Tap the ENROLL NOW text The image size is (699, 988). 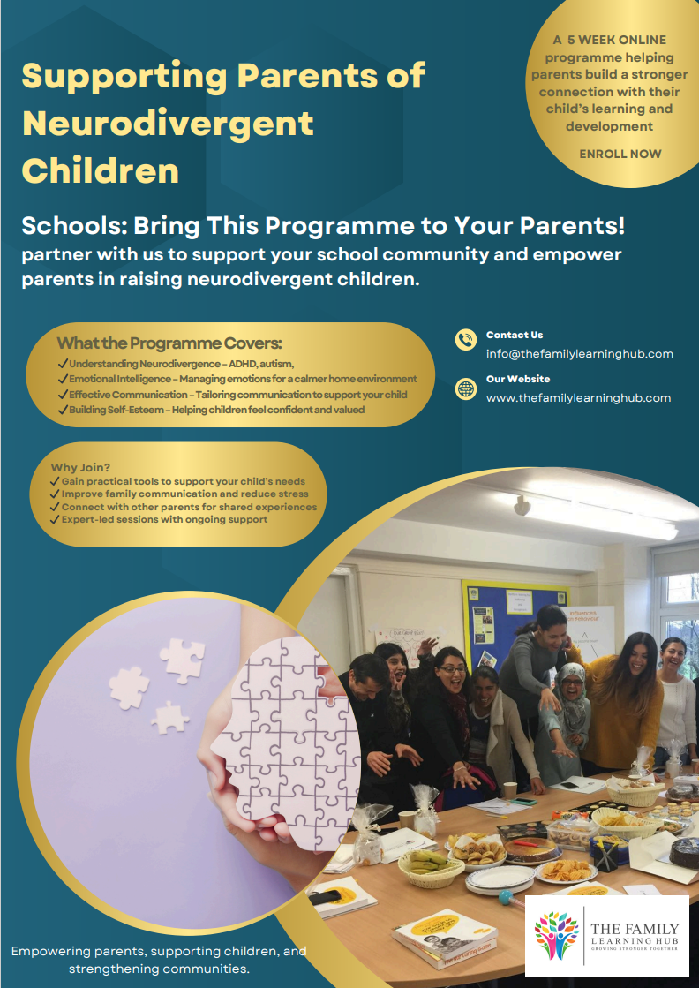coord(620,154)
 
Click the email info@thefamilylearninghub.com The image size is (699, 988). coord(579,354)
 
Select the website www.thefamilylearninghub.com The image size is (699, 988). coord(578,398)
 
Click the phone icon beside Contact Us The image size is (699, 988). coord(465,339)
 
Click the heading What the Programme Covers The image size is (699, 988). coord(169,343)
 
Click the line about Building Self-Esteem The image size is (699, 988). coord(211,410)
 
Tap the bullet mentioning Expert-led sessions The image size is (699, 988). coord(164,519)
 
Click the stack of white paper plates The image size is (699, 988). coord(500,877)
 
